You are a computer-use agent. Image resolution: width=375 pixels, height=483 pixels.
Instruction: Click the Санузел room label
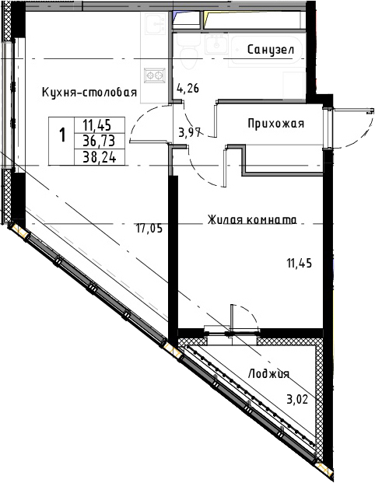click(x=271, y=50)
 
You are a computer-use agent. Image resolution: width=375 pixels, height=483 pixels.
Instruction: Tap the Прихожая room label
click(x=275, y=124)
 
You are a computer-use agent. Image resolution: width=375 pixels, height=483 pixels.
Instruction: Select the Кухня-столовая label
click(x=89, y=92)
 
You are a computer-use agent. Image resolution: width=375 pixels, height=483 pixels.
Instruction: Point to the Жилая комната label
click(x=252, y=220)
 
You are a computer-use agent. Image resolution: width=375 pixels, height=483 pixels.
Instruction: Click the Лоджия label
click(x=268, y=373)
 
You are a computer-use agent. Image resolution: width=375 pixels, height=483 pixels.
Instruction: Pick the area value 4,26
click(x=188, y=89)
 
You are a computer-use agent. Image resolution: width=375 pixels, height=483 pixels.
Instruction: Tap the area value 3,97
click(x=190, y=133)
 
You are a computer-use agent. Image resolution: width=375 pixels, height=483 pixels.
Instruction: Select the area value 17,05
click(x=149, y=229)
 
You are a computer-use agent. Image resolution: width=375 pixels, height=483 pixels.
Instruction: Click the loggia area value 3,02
click(x=297, y=400)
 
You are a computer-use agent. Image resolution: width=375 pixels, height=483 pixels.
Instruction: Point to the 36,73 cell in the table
click(x=100, y=142)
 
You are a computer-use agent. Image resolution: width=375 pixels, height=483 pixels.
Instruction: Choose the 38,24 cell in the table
click(x=100, y=157)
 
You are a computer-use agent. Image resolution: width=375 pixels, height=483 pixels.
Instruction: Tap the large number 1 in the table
click(x=62, y=135)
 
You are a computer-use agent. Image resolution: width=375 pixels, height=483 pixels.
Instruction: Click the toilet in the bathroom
click(x=188, y=58)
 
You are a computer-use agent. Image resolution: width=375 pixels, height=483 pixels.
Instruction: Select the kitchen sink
click(x=156, y=24)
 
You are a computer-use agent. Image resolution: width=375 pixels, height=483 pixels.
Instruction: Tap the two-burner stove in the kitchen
click(x=154, y=75)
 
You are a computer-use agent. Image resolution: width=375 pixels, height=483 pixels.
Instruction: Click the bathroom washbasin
click(x=217, y=44)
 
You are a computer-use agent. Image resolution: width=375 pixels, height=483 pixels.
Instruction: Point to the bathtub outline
click(x=266, y=51)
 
